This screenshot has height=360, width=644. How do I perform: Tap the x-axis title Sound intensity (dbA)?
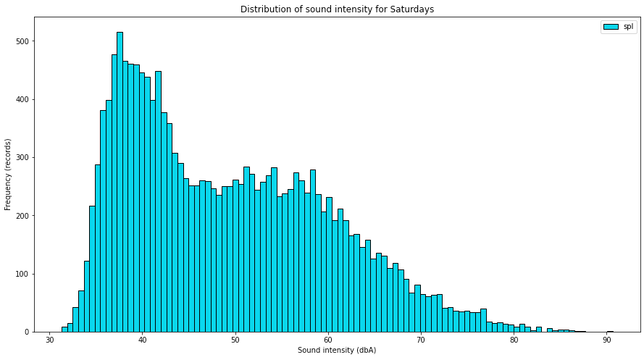pyautogui.click(x=337, y=351)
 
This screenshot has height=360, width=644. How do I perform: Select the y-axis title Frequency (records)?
pyautogui.click(x=8, y=175)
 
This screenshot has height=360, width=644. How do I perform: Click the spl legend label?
pyautogui.click(x=628, y=27)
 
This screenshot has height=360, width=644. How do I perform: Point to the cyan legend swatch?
pyautogui.click(x=610, y=27)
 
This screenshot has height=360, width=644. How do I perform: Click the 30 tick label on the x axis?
pyautogui.click(x=49, y=340)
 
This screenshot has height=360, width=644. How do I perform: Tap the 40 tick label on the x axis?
pyautogui.click(x=142, y=340)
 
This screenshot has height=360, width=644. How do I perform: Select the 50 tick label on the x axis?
pyautogui.click(x=235, y=340)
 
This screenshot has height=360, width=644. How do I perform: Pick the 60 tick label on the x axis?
pyautogui.click(x=328, y=340)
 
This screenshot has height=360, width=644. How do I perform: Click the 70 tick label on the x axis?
pyautogui.click(x=421, y=340)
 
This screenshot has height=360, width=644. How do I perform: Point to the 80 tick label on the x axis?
pyautogui.click(x=514, y=340)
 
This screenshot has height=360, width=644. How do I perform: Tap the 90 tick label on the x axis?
pyautogui.click(x=606, y=340)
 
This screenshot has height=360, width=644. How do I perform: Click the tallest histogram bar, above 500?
pyautogui.click(x=120, y=181)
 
